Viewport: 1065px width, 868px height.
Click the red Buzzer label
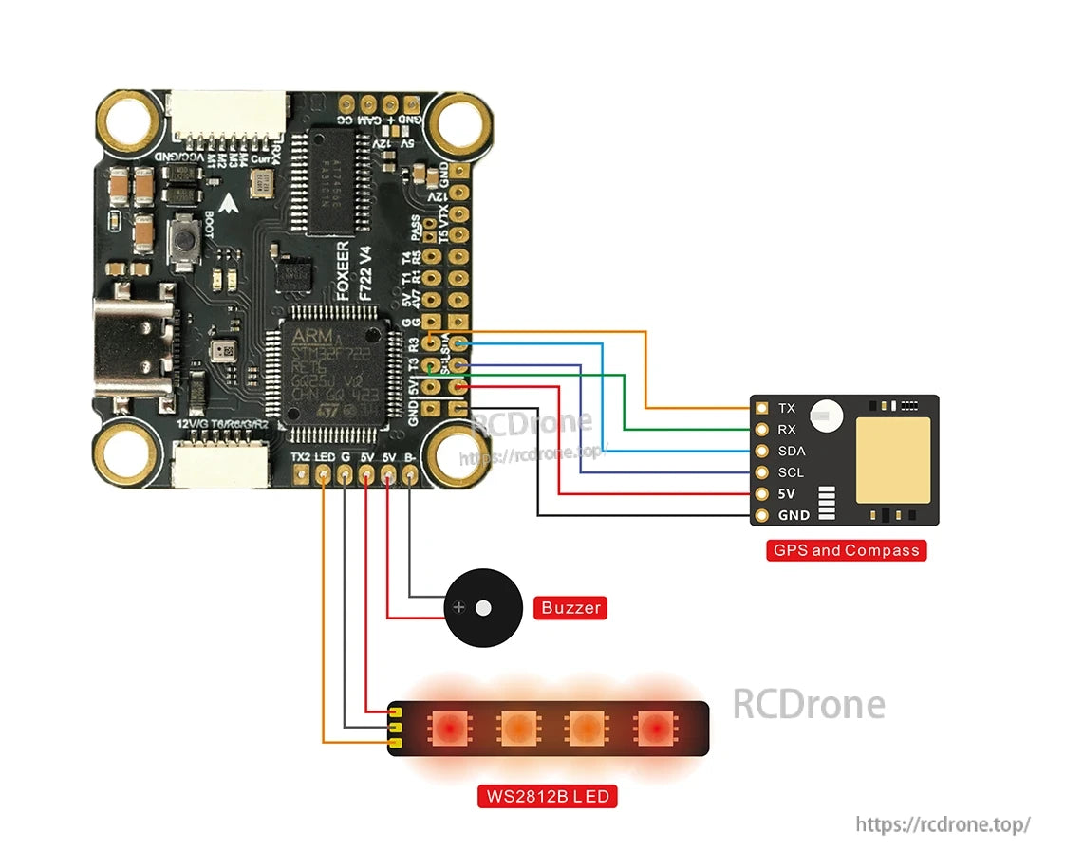coord(570,607)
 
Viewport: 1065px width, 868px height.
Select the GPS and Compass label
coord(846,550)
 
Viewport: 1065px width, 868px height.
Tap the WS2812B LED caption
coord(547,795)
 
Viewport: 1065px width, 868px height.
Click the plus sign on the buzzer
coord(460,608)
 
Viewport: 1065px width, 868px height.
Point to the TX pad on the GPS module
coord(761,408)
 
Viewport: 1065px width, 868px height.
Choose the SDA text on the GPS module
coord(791,452)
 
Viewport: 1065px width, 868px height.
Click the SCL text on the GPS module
coord(791,472)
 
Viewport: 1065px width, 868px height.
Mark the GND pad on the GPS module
coord(761,516)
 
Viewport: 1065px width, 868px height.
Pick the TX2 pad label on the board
coord(303,457)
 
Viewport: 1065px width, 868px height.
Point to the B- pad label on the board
coord(410,457)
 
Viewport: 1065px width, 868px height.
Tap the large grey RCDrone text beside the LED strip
coord(809,704)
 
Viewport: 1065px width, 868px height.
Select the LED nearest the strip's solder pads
coord(447,729)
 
